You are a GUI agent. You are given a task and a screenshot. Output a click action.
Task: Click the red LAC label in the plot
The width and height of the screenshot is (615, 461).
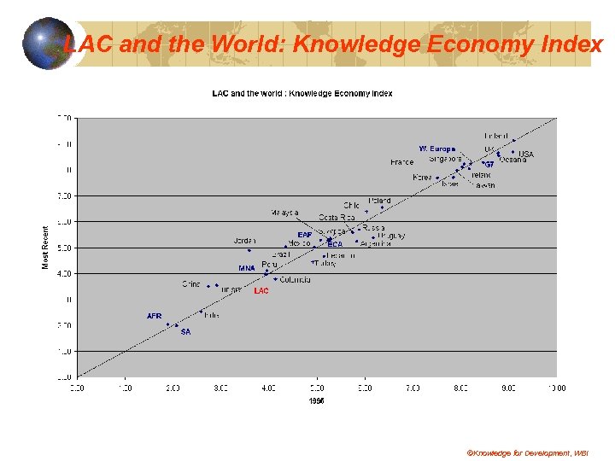(x=261, y=291)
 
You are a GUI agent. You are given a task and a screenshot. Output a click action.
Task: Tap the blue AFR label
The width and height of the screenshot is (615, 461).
(x=155, y=316)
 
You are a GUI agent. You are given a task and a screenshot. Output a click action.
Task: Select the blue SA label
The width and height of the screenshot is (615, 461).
(x=185, y=331)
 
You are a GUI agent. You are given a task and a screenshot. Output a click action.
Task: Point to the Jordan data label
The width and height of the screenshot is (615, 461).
(x=244, y=241)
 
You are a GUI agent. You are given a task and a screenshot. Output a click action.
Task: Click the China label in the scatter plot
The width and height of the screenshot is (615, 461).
(x=191, y=283)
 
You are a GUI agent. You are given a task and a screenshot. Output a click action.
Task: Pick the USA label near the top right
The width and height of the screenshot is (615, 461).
(x=526, y=155)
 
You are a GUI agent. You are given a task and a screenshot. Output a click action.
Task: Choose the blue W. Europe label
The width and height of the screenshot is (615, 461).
(x=436, y=149)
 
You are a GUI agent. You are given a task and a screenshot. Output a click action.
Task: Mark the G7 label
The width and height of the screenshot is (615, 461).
(x=489, y=164)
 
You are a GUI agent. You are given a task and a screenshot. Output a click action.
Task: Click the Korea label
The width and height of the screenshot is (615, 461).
(x=422, y=178)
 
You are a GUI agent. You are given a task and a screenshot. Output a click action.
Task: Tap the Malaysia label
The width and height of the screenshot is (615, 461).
(x=284, y=213)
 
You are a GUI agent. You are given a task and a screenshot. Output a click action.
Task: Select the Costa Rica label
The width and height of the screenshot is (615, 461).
(x=336, y=218)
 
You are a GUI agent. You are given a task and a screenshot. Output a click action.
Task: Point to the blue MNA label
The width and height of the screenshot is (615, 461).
(x=247, y=268)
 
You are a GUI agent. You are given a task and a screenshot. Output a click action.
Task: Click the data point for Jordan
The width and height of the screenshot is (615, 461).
(x=249, y=250)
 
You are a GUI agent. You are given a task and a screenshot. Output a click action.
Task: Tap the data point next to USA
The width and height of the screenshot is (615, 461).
(x=513, y=152)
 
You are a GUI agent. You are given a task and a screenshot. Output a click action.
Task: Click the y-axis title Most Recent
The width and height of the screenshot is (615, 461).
(x=46, y=247)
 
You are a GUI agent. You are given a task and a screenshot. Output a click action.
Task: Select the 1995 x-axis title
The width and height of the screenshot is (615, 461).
(x=316, y=401)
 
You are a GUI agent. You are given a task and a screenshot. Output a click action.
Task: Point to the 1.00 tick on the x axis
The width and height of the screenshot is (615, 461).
(x=125, y=388)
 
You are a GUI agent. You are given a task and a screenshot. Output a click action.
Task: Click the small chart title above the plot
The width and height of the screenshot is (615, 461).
(x=302, y=93)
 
